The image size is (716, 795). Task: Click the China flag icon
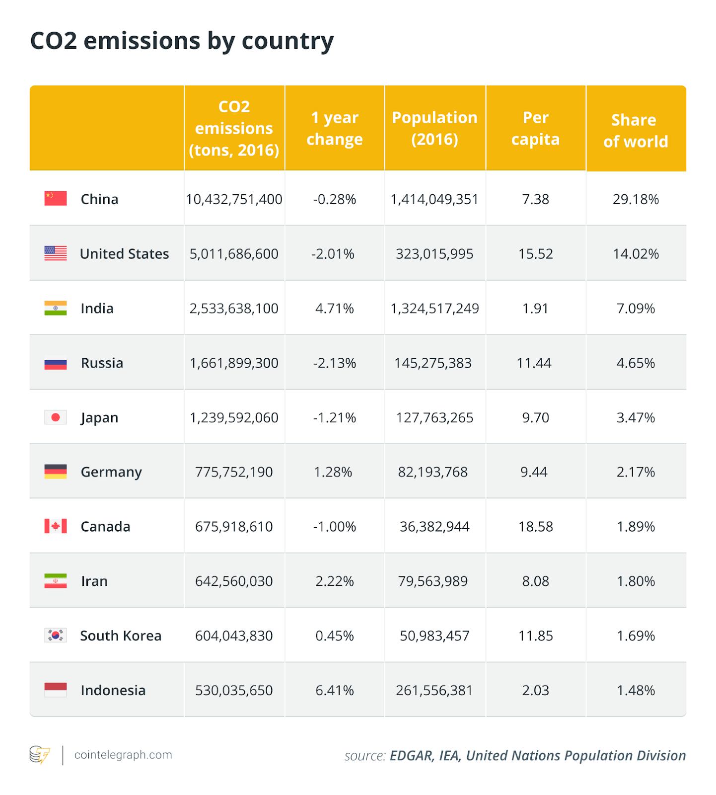coord(55,199)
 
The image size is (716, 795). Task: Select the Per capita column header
coord(535,129)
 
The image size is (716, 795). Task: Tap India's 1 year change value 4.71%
coord(334,309)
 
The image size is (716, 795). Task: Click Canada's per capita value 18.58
coord(535,527)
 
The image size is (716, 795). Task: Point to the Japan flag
coord(55,417)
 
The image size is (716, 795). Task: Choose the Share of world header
coord(635,131)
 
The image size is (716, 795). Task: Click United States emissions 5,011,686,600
coord(234,254)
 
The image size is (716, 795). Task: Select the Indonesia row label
coord(113,690)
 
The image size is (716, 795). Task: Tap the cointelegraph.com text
coord(123,755)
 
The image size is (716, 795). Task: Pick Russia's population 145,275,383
coord(433,363)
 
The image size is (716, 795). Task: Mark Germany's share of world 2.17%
coord(636,472)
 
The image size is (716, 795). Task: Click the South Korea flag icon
coord(55,635)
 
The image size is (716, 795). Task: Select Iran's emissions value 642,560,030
coord(234,581)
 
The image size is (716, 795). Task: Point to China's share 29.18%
coord(636,199)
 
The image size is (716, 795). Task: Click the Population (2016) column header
coord(434,128)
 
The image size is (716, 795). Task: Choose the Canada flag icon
coord(55,526)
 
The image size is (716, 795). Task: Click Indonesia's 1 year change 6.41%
coord(334,690)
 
